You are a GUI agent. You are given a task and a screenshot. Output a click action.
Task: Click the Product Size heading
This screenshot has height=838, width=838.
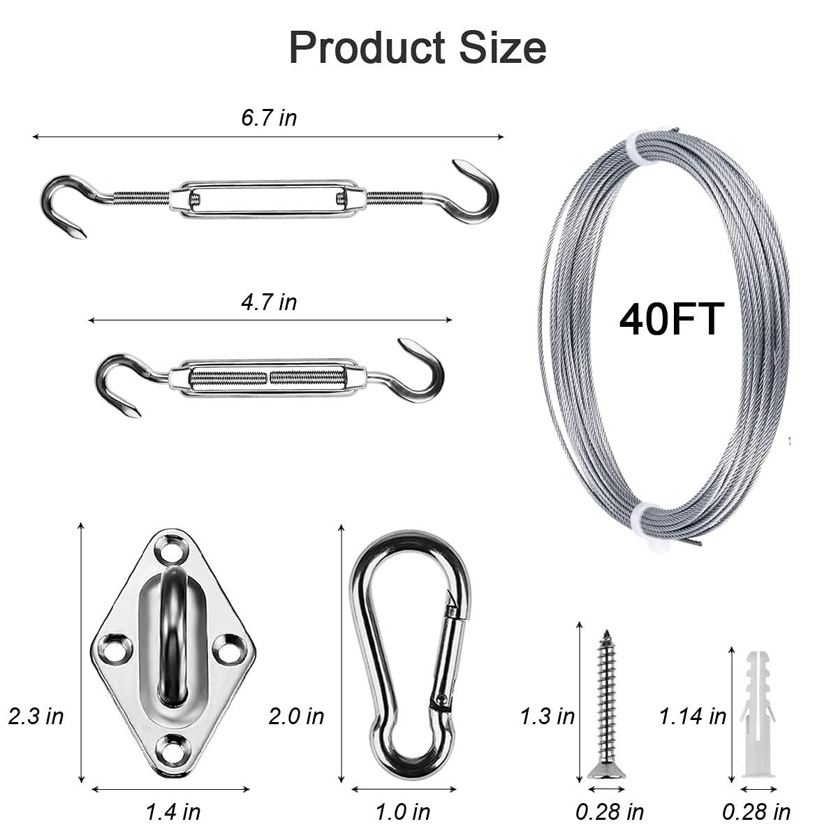418,47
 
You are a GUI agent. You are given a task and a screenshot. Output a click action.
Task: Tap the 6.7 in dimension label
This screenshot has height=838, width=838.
269,117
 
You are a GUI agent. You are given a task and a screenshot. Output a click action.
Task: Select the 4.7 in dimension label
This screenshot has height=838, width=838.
269,302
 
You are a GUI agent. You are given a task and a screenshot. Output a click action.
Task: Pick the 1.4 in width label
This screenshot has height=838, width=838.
172,811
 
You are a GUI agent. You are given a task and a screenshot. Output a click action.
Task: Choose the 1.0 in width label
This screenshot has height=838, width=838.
403,811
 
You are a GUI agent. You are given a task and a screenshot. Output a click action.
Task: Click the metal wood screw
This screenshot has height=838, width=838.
605,705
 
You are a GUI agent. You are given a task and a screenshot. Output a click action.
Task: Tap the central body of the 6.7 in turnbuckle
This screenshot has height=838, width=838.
269,198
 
